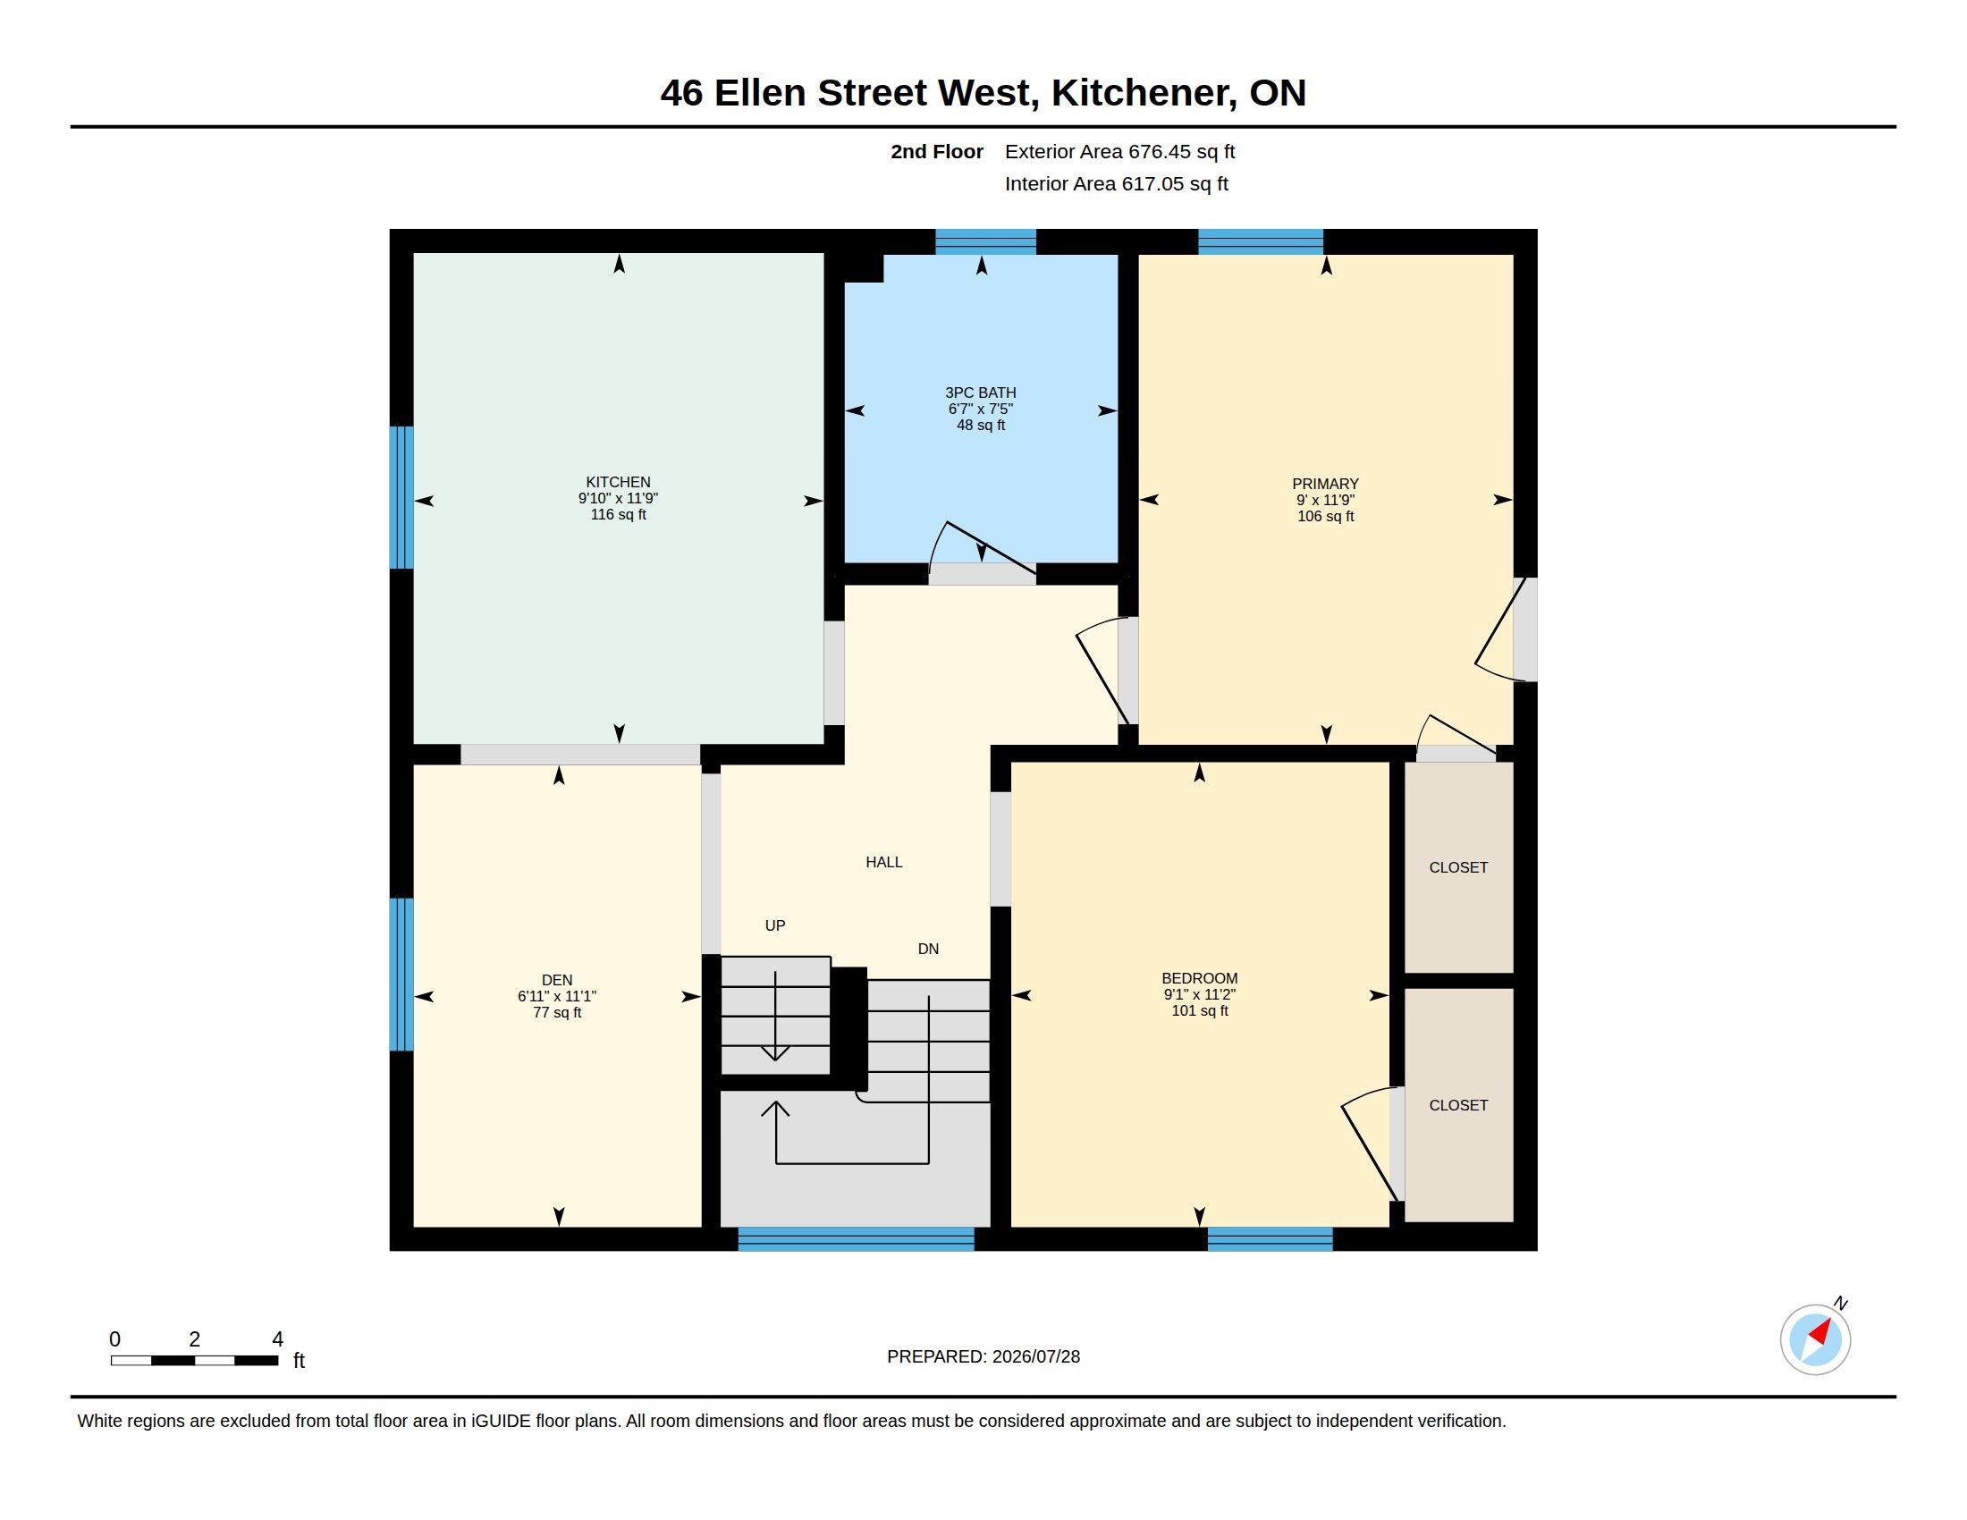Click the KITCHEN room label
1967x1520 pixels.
[618, 482]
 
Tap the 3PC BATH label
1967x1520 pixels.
[981, 393]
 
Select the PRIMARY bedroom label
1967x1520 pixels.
[1325, 484]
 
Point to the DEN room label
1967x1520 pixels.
[557, 980]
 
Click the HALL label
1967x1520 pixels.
[883, 862]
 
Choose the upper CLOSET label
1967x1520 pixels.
[1458, 867]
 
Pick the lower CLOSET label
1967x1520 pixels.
[1458, 1105]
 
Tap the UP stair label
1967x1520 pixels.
[774, 925]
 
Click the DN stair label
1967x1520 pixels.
[928, 948]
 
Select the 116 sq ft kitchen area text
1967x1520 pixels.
[618, 514]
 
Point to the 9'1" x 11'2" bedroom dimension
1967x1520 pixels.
[1200, 994]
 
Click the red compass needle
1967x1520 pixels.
[1821, 1332]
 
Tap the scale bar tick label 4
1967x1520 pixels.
[277, 1339]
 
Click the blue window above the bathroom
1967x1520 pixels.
[985, 241]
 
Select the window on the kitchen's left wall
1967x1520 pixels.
[401, 497]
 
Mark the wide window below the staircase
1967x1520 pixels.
[856, 1238]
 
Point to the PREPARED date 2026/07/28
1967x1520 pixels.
[1035, 1356]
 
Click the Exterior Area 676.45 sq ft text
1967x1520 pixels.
[1119, 151]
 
